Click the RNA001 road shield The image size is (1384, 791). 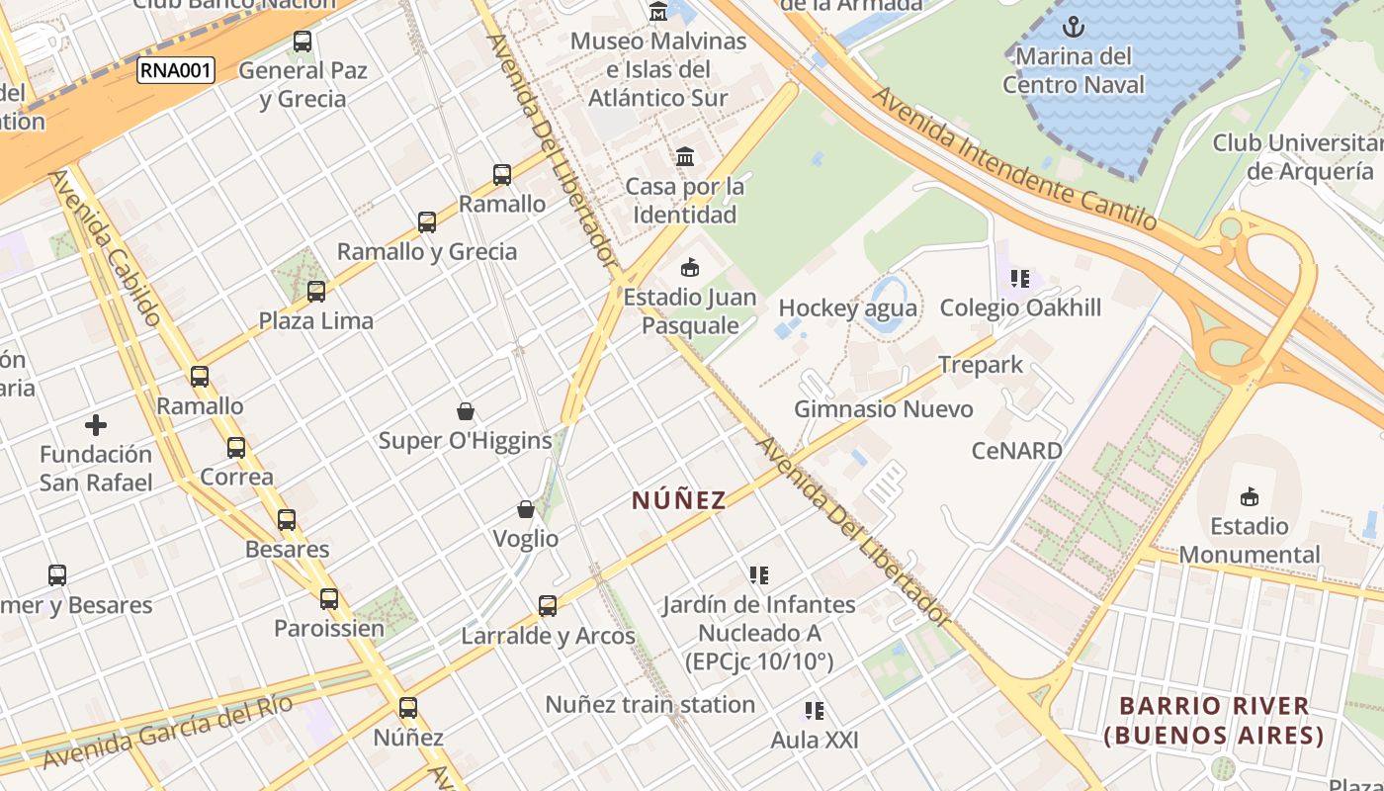pos(175,70)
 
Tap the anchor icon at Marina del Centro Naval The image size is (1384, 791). pos(1073,27)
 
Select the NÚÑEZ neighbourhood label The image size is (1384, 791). pos(678,500)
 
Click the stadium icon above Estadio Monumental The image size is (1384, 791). pos(1250,495)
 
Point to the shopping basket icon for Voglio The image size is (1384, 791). pos(526,510)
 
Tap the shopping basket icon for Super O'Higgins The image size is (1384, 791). pos(465,411)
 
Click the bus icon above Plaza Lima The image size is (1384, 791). pos(316,292)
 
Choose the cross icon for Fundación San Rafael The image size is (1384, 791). pos(96,426)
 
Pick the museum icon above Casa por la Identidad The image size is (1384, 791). pos(685,156)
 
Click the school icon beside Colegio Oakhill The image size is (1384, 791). pos(1020,279)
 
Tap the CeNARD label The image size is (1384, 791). pos(1016,451)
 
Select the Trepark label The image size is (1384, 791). pos(981,365)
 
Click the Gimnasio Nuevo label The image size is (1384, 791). pos(884,409)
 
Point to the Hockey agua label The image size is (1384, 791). pos(847,308)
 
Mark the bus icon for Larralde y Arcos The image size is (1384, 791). pos(548,606)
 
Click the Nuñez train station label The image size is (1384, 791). pos(650,705)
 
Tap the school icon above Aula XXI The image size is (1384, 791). pos(815,711)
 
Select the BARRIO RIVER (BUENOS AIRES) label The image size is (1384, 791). pos(1214,721)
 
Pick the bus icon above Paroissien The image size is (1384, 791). pos(329,599)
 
